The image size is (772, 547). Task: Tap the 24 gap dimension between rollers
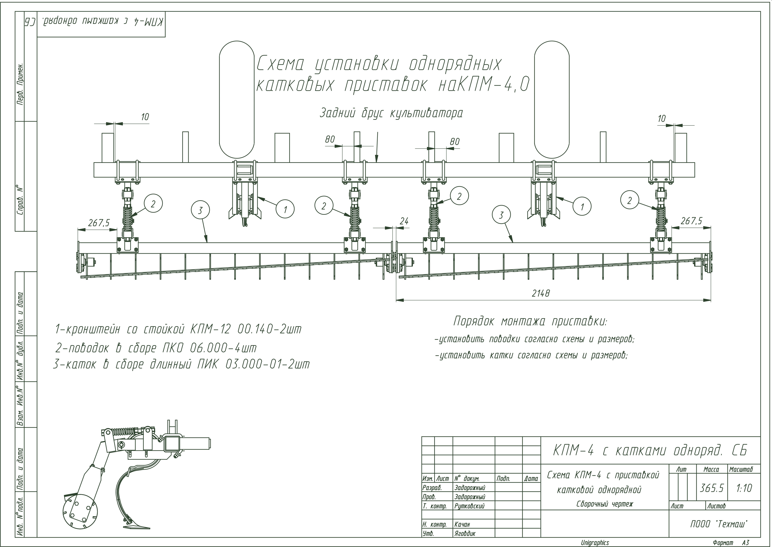404,221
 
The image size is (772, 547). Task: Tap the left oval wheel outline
237,99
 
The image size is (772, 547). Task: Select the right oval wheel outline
552,99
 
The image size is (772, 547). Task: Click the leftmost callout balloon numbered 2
153,204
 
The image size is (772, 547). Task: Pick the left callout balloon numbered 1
285,209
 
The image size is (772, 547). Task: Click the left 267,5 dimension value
99,223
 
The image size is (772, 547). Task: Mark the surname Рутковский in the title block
469,506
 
